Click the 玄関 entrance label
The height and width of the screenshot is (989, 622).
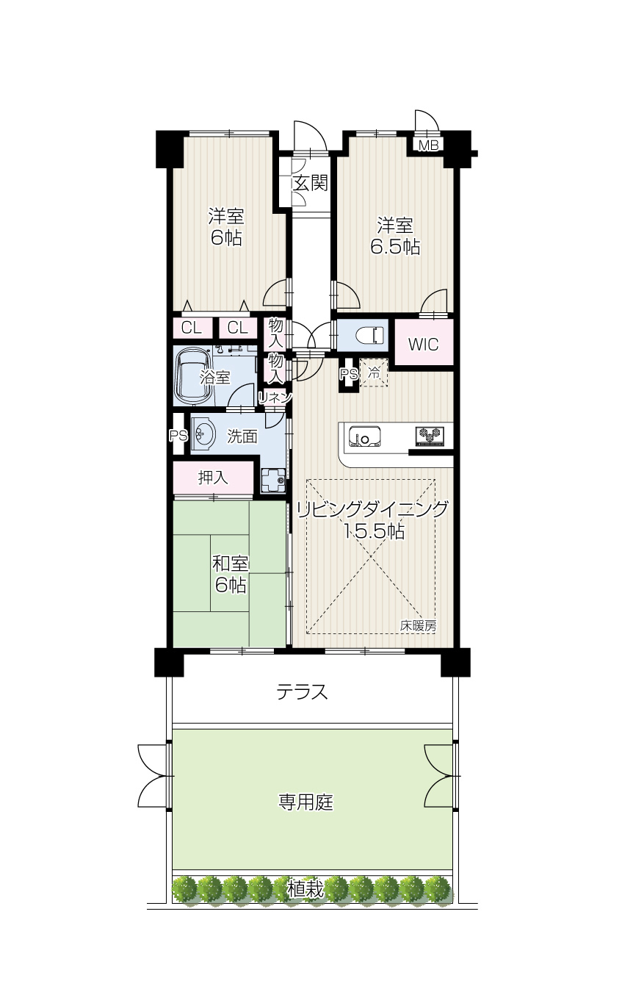point(311,183)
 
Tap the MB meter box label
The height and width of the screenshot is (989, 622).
point(428,145)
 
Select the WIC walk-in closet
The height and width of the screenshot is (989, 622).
point(424,342)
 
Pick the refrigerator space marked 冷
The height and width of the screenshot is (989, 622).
point(374,373)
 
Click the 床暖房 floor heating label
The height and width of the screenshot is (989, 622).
point(418,625)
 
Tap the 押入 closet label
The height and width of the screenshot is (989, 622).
point(213,478)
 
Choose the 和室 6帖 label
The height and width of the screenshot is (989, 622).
point(231,575)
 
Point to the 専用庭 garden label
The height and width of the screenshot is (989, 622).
point(305,802)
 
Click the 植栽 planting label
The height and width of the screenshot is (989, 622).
point(305,889)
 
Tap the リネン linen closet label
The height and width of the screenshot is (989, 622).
point(275,398)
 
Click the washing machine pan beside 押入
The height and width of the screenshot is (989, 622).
point(273,481)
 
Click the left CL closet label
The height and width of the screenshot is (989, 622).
point(192,328)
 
